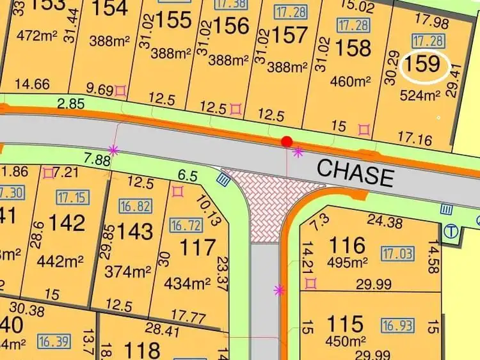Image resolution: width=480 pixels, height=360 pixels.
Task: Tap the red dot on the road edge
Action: pos(287,141)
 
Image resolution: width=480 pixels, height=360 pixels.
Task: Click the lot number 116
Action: pos(347,245)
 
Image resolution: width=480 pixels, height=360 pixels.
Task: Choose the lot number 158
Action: pos(353,48)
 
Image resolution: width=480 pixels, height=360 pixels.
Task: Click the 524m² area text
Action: pos(420,97)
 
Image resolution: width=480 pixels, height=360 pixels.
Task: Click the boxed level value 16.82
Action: pos(134,205)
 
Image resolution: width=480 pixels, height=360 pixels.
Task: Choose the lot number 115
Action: pos(346,324)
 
